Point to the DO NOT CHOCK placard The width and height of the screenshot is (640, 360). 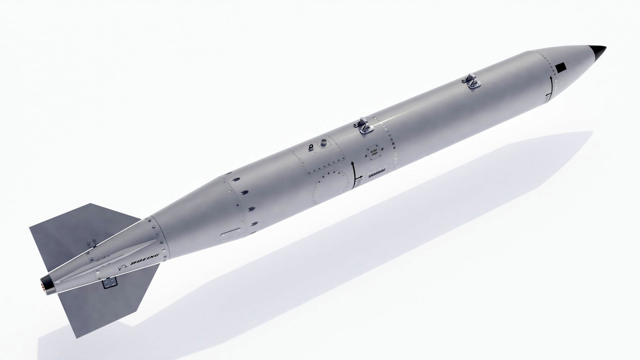click(374, 153)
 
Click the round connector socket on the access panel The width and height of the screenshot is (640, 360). click(323, 143)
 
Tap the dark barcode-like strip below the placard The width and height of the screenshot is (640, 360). click(377, 173)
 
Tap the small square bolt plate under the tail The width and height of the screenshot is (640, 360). click(110, 283)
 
